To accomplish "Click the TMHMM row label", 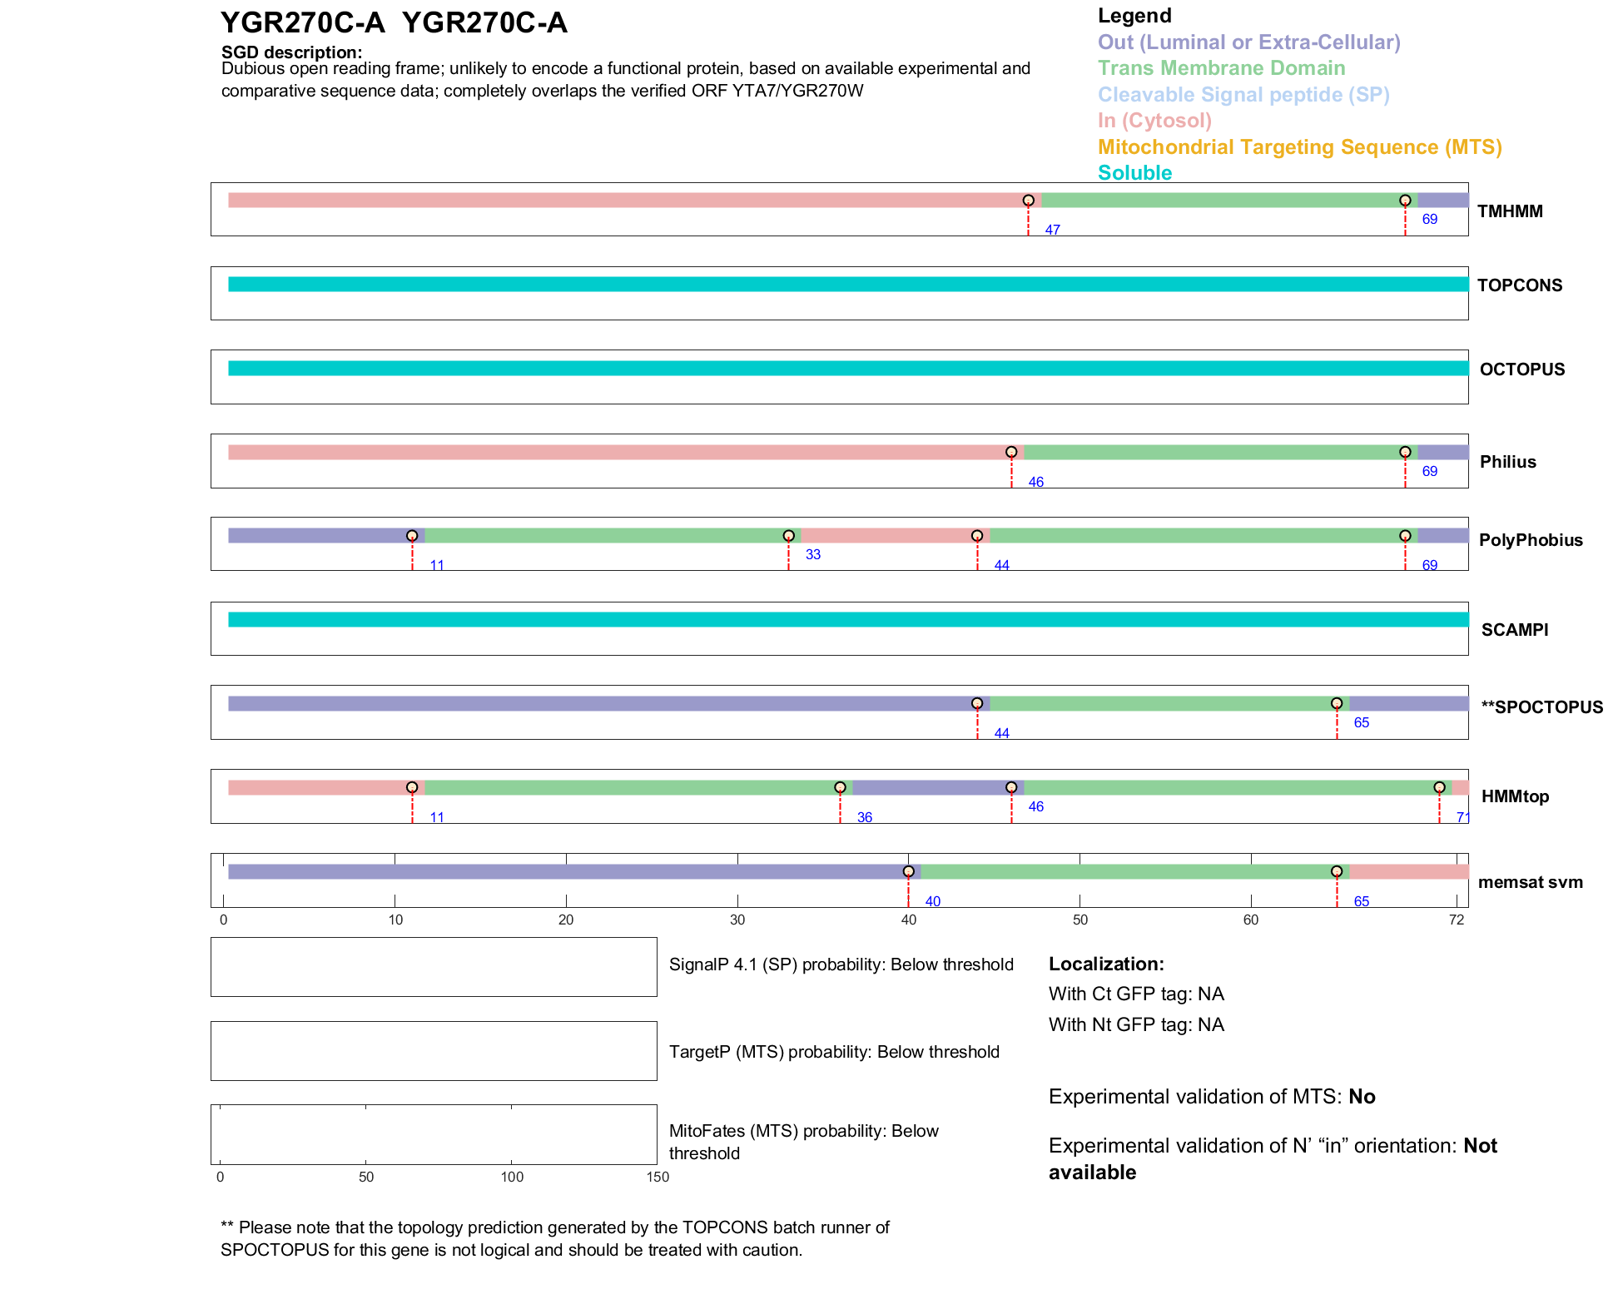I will [1510, 211].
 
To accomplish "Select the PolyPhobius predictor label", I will [1531, 540].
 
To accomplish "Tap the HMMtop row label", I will [1515, 796].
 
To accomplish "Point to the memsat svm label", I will [1530, 882].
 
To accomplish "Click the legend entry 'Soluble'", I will [1134, 173].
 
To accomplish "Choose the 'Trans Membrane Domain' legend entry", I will [1221, 68].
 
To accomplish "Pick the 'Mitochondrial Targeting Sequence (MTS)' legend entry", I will [1299, 147].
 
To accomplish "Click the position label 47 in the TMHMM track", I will [1052, 230].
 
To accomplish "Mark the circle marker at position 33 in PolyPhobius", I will [789, 536].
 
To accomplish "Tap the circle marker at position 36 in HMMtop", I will [840, 787].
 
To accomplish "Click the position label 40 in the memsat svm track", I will [932, 901].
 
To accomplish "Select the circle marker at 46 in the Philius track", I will [1011, 452].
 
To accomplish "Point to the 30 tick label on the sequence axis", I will [737, 920].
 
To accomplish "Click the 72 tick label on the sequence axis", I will [1456, 920].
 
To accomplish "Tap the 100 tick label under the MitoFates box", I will [512, 1177].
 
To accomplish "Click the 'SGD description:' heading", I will [291, 52].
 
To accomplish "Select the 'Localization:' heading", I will [1106, 964].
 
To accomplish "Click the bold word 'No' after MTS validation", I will [1362, 1097].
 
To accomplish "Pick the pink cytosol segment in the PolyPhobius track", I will [888, 536].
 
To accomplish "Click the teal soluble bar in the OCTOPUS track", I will [848, 368].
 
